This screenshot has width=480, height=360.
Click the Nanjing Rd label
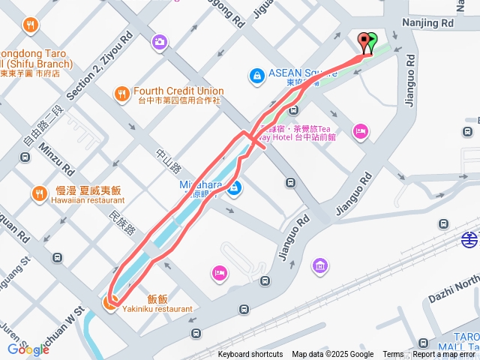[428, 23]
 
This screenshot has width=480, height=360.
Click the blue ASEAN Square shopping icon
[256, 76]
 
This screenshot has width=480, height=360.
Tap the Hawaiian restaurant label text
[88, 200]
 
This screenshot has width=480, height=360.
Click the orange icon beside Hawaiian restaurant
[39, 195]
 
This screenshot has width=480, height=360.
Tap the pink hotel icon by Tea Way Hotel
[361, 131]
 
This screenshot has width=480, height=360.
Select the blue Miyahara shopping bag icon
[235, 187]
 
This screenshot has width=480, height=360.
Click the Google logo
[28, 349]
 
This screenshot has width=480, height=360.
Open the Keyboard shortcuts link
[250, 355]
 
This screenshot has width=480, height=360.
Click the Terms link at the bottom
[393, 355]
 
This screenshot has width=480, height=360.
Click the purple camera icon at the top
[159, 42]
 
